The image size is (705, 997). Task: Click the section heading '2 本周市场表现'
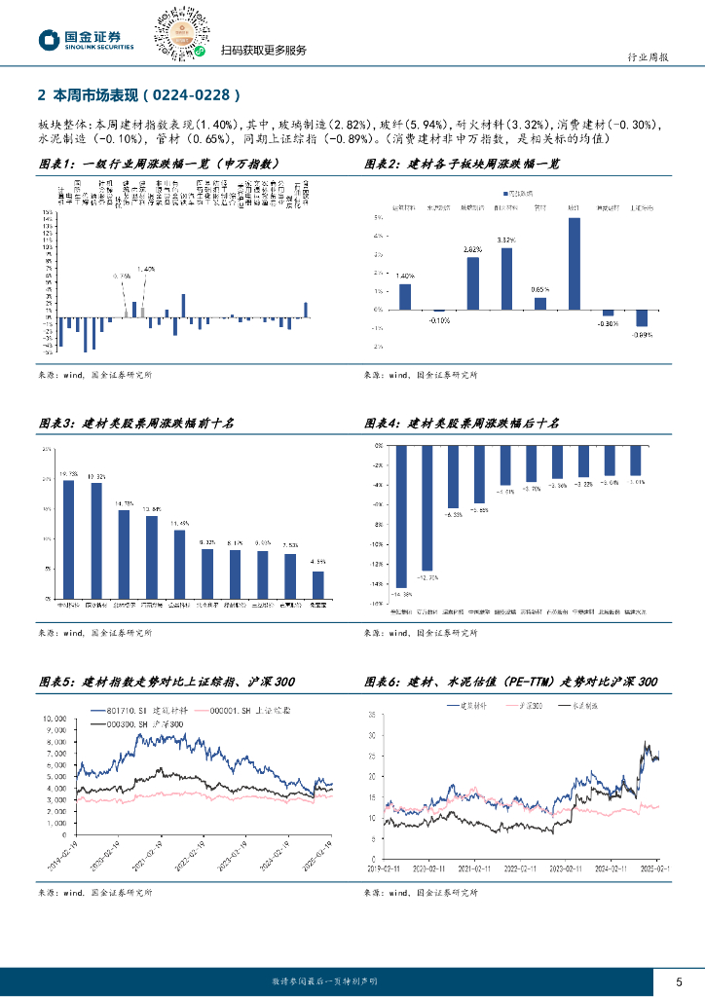tap(136, 95)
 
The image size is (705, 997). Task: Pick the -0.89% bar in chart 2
tap(642, 318)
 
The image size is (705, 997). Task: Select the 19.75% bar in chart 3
tap(68, 538)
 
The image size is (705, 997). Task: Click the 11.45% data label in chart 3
tap(179, 524)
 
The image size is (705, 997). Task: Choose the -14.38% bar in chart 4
tap(400, 516)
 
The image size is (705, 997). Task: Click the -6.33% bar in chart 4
tap(453, 476)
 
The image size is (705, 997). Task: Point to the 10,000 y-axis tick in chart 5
tap(53, 719)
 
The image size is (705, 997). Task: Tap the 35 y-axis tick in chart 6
tap(372, 715)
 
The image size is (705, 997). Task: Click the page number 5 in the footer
tap(679, 980)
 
